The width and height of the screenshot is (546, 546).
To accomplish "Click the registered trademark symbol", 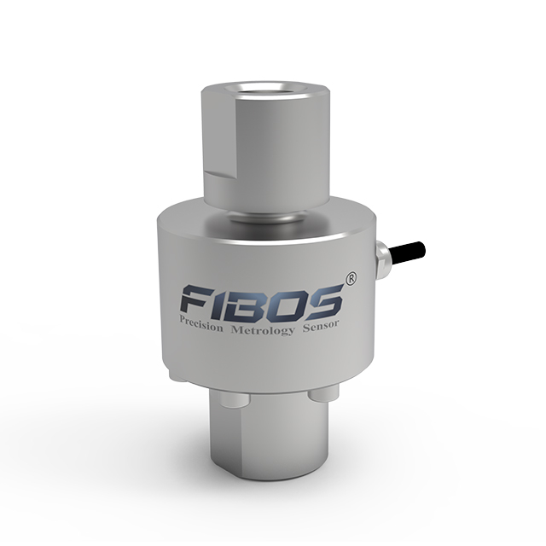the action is (x=351, y=279).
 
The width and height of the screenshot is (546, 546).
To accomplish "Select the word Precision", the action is (x=201, y=322).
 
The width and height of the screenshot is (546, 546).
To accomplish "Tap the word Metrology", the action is (x=263, y=329).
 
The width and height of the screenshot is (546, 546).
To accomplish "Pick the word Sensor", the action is (x=321, y=326).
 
